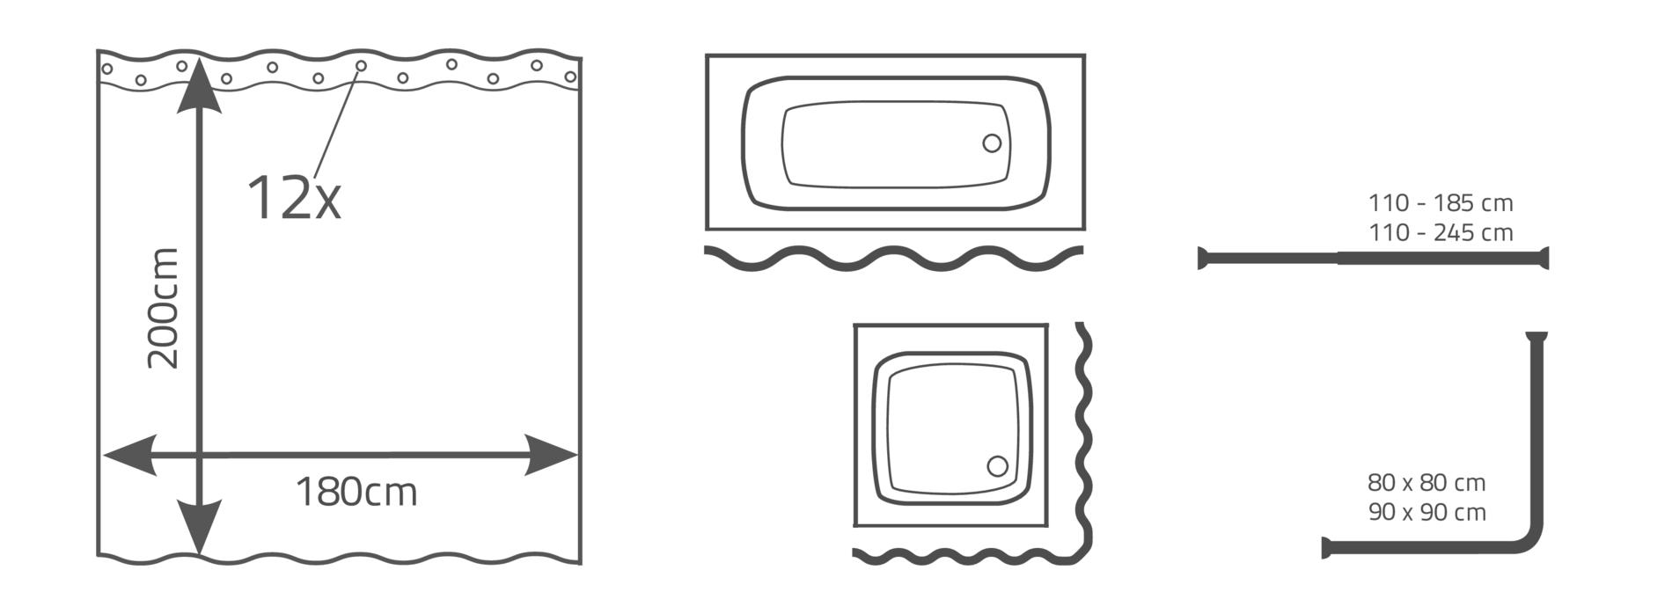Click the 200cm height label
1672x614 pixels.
click(x=164, y=308)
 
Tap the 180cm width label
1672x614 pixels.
click(x=356, y=493)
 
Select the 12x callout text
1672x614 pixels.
click(x=293, y=197)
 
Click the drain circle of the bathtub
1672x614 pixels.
click(x=992, y=143)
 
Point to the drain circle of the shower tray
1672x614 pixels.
click(x=997, y=466)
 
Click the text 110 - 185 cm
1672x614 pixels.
click(x=1441, y=203)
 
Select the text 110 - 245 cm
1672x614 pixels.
click(x=1441, y=233)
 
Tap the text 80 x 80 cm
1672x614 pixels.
click(x=1426, y=483)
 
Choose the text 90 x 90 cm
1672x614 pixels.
click(x=1426, y=512)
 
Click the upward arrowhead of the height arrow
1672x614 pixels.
click(x=200, y=86)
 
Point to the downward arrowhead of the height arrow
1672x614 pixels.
click(x=200, y=526)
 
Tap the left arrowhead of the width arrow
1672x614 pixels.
click(x=130, y=456)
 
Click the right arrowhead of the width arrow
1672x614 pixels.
click(x=551, y=456)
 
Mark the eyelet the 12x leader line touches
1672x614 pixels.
click(x=361, y=66)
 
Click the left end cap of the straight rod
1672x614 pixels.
click(x=1201, y=259)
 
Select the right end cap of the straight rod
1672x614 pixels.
click(x=1544, y=259)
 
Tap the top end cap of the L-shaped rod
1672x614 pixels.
click(x=1536, y=335)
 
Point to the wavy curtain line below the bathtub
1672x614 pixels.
click(x=894, y=258)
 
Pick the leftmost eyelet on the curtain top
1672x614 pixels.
click(x=106, y=69)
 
